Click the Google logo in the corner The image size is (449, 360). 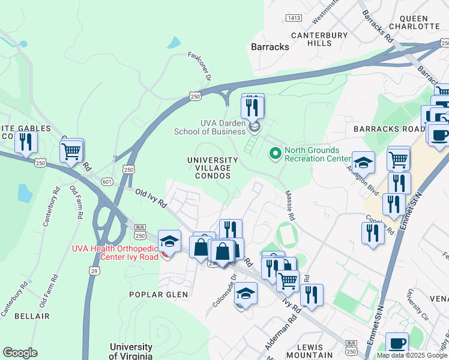20,353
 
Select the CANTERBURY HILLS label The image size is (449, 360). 319,39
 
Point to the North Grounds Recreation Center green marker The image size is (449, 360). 276,154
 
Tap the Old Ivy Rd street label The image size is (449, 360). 151,197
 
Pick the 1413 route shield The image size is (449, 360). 294,19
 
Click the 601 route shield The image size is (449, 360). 107,182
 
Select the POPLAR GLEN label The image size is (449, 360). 158,295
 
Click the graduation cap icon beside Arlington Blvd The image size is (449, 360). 363,163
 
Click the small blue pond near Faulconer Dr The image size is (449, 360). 174,43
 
